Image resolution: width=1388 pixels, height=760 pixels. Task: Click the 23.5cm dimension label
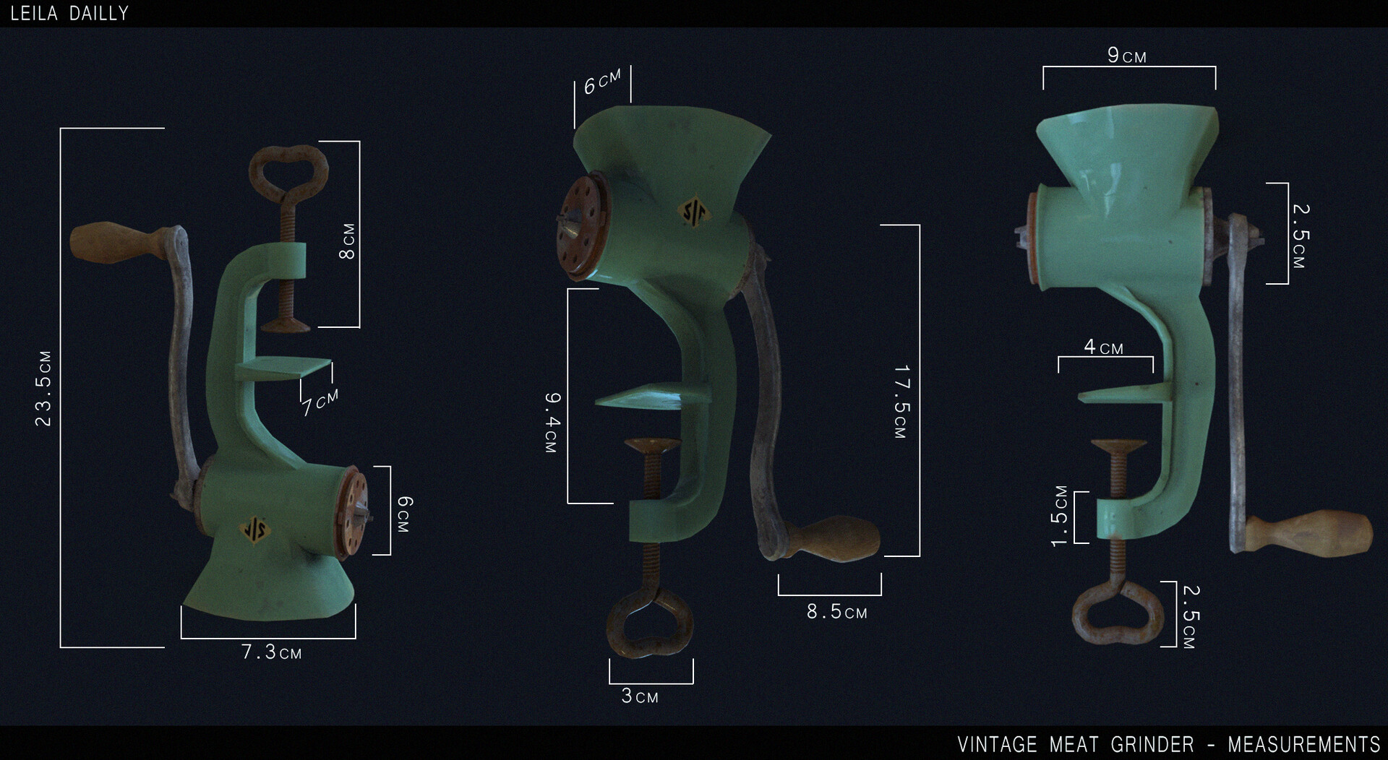tap(43, 389)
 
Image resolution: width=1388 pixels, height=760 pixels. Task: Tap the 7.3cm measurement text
tap(271, 652)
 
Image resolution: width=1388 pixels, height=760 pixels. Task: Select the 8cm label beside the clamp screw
tap(347, 241)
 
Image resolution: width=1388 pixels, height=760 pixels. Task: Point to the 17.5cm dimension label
tap(901, 402)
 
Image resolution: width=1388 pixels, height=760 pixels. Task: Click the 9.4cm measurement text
tap(552, 423)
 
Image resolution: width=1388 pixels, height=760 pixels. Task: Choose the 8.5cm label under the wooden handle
tap(836, 613)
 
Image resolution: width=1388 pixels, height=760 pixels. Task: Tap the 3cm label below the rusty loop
tap(640, 696)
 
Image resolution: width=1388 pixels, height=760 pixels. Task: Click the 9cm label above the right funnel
tap(1126, 56)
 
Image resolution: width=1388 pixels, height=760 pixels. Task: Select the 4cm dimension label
tap(1103, 347)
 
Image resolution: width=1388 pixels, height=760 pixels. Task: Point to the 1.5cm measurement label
tap(1059, 516)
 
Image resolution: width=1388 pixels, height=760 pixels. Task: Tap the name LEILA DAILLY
tap(69, 13)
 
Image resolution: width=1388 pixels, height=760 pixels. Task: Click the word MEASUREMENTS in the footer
tap(1303, 744)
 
